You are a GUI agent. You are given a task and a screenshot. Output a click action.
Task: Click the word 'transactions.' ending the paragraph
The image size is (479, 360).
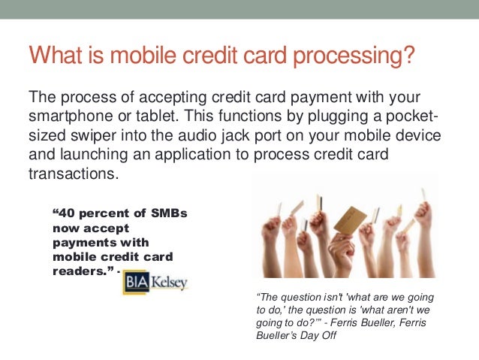click(x=73, y=174)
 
